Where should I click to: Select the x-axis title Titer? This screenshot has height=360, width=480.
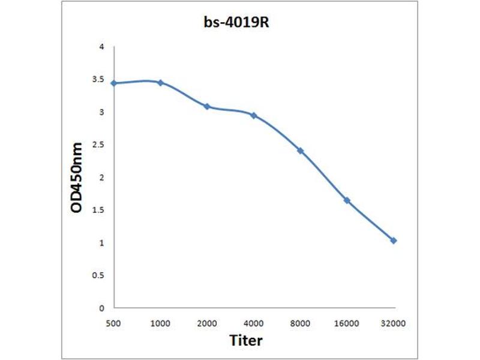click(x=246, y=341)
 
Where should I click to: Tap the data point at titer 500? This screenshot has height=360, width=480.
click(x=113, y=83)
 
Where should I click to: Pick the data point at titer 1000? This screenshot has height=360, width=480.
click(x=160, y=82)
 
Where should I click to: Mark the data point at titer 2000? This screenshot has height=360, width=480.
click(x=207, y=106)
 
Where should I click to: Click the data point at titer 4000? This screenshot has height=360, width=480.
click(x=253, y=115)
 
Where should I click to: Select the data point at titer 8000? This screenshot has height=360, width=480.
click(x=300, y=151)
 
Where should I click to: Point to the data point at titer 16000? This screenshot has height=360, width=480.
click(x=347, y=200)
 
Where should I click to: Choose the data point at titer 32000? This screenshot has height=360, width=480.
click(x=394, y=241)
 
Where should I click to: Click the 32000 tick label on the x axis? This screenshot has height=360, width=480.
click(x=394, y=323)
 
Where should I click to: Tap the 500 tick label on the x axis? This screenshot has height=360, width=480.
click(x=113, y=323)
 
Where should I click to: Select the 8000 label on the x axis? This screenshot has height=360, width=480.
click(x=300, y=323)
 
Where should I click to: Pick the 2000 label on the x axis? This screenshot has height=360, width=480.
click(x=207, y=323)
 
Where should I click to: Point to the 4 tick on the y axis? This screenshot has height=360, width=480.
click(x=102, y=47)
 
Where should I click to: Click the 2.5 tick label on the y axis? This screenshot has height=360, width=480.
click(x=98, y=145)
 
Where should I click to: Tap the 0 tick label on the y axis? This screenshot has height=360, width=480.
click(x=102, y=308)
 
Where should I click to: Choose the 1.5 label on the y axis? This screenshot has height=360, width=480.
click(x=98, y=210)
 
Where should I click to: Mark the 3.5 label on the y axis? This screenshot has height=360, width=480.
click(x=98, y=79)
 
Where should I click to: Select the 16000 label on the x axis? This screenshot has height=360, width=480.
click(x=347, y=323)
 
